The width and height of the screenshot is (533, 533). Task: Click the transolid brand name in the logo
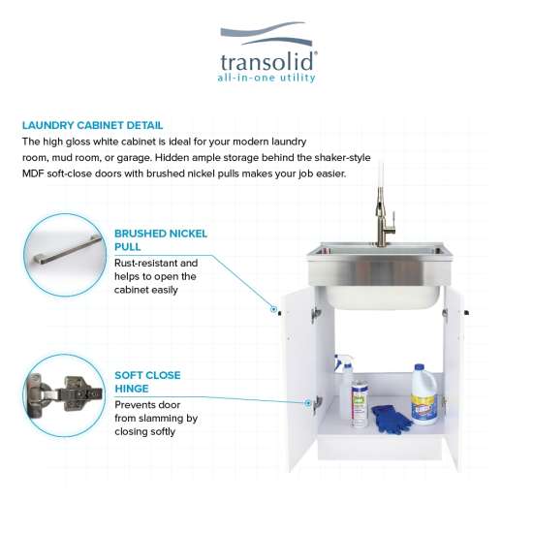pyautogui.click(x=266, y=62)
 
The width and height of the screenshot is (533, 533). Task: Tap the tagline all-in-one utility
pyautogui.click(x=266, y=78)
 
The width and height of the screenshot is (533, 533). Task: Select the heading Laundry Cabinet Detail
pyautogui.click(x=92, y=125)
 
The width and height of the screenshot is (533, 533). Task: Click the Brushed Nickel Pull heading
pyautogui.click(x=161, y=240)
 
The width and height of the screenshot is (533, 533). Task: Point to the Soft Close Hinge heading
pyautogui.click(x=147, y=382)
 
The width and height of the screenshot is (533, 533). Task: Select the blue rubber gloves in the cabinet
pyautogui.click(x=391, y=419)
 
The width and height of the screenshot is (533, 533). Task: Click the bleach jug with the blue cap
pyautogui.click(x=423, y=394)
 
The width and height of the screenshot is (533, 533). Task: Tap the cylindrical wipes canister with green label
pyautogui.click(x=360, y=404)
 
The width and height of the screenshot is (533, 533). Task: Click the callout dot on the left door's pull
pyautogui.click(x=273, y=309)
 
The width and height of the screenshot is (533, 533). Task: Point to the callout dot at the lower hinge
pyautogui.click(x=307, y=403)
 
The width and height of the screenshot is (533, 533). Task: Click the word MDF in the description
pyautogui.click(x=33, y=173)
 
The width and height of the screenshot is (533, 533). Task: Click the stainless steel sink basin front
pyautogui.click(x=379, y=274)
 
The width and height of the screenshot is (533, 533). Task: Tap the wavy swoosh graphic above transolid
pyautogui.click(x=266, y=33)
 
